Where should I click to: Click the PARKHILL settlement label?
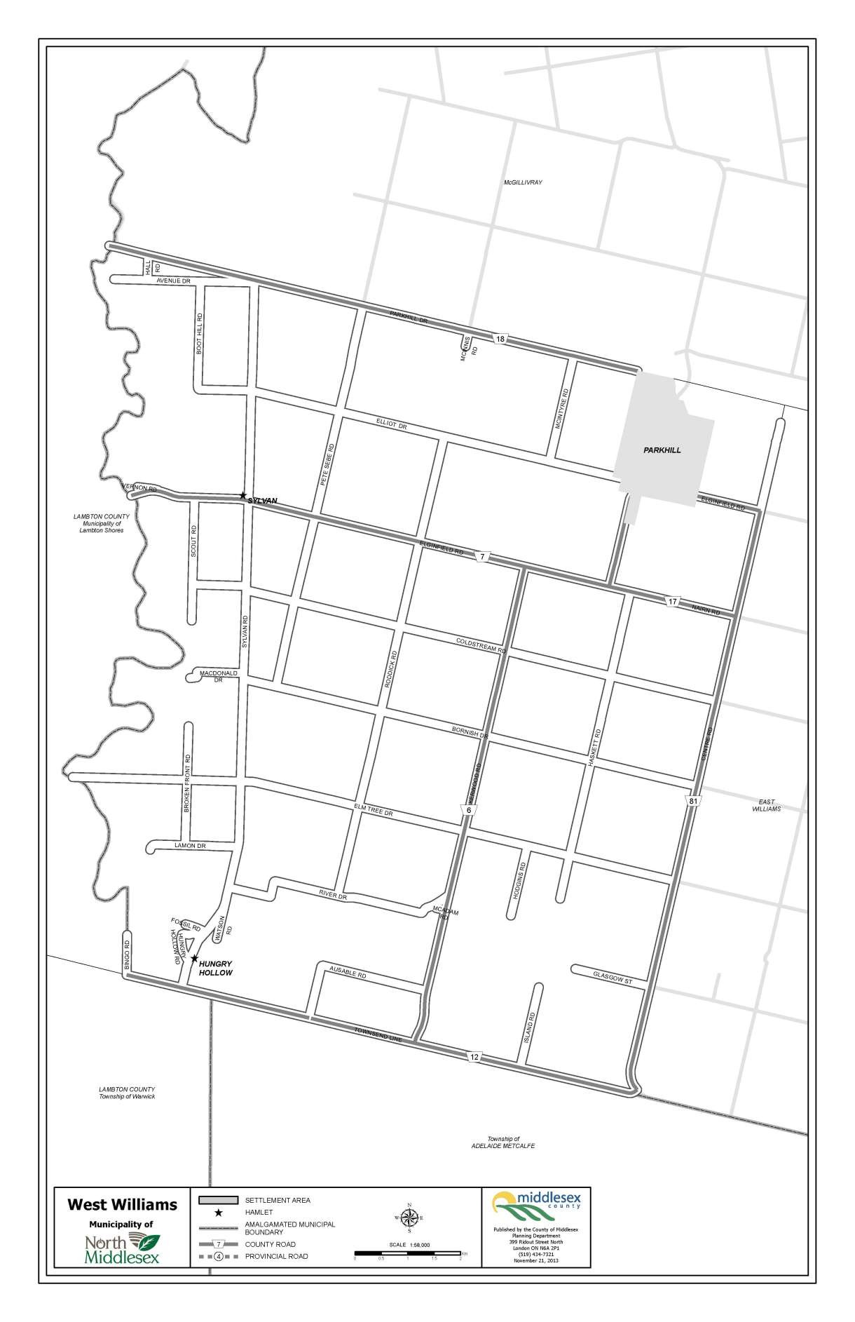(662, 450)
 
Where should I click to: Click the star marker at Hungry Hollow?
(194, 959)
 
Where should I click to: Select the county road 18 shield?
(500, 339)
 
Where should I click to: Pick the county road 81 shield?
(692, 800)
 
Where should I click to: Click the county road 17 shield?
(673, 602)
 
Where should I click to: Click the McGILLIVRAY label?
(523, 182)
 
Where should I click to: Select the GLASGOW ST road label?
(613, 978)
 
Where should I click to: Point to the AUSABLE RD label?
(348, 974)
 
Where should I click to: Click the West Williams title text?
(122, 1205)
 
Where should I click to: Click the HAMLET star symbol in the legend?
(219, 1213)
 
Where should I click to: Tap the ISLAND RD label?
(531, 1026)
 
